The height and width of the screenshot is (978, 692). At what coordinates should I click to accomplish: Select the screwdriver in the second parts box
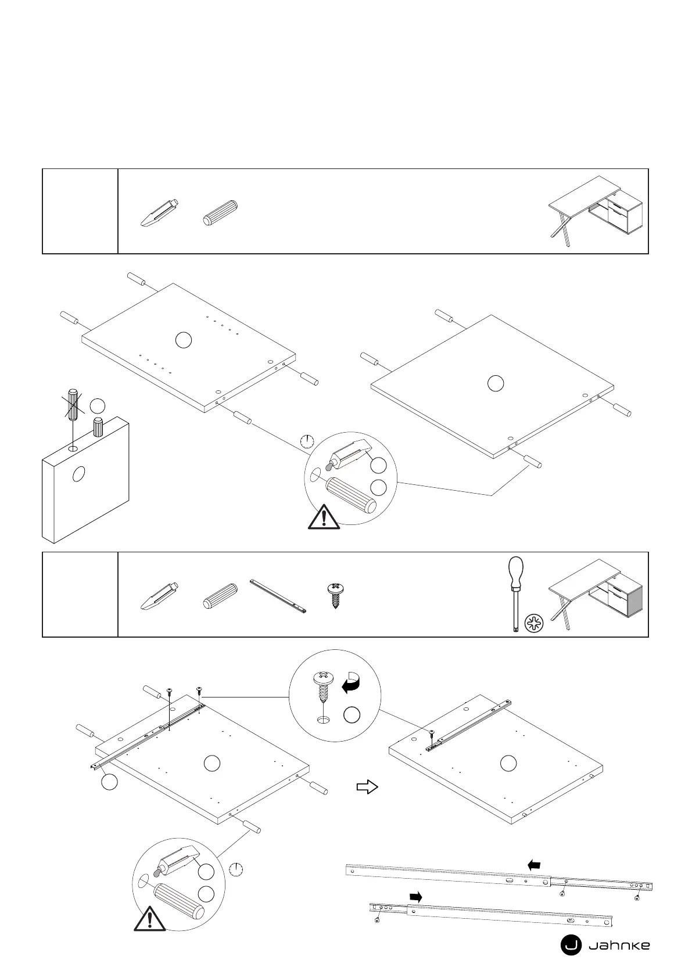[x=515, y=592]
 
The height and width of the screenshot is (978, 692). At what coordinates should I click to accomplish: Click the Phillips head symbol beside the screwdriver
[x=533, y=624]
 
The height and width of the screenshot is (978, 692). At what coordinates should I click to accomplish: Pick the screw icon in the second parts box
[x=334, y=595]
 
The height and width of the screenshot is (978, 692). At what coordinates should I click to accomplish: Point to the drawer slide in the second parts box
[x=279, y=595]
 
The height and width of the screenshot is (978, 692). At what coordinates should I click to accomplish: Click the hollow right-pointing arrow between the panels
[x=367, y=787]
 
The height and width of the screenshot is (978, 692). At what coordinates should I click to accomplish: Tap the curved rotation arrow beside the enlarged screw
[x=351, y=683]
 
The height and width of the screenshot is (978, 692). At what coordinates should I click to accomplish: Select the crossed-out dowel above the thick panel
[x=73, y=404]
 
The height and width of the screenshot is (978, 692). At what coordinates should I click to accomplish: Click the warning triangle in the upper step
[x=324, y=517]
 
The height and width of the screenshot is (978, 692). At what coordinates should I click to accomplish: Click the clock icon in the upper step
[x=307, y=441]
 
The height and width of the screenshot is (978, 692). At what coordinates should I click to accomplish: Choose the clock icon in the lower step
[x=236, y=869]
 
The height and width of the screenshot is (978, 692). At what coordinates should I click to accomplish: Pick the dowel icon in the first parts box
[x=221, y=212]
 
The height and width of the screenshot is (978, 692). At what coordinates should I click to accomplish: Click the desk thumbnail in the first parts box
[x=595, y=210]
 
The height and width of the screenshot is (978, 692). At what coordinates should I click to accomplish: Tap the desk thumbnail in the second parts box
[x=595, y=594]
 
